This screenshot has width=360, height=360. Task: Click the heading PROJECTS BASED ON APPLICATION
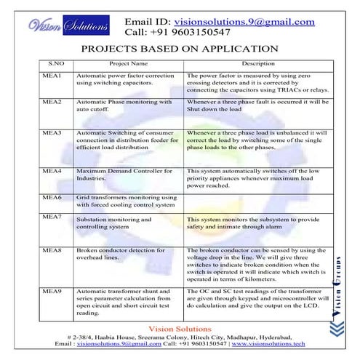[180, 49]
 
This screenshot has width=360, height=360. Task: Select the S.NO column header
[56, 64]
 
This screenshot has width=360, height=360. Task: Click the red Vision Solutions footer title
[180, 329]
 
